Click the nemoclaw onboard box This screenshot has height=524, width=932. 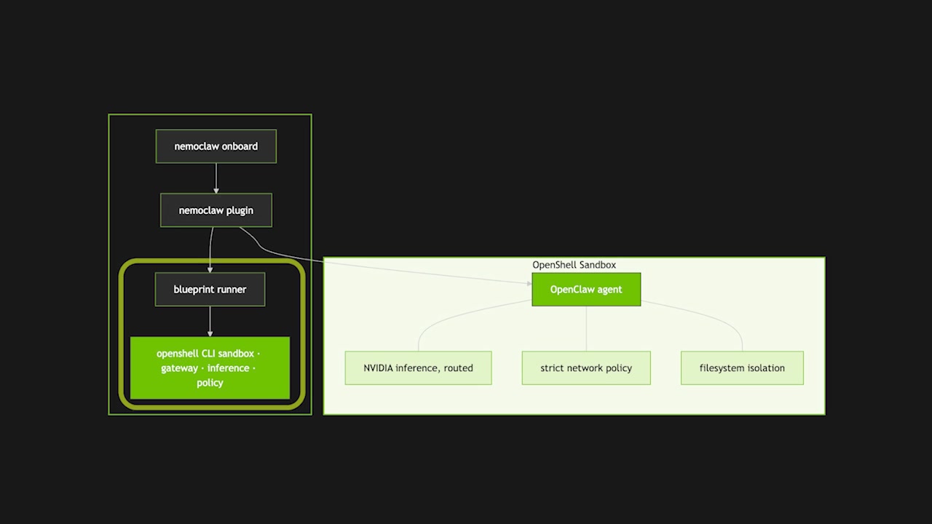216,146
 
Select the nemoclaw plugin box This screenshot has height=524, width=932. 216,210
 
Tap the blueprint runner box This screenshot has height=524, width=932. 210,290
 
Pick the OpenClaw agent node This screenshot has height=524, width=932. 586,290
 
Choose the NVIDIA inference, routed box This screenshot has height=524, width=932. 418,368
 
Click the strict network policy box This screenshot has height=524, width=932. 586,368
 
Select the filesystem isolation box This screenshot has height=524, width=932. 742,368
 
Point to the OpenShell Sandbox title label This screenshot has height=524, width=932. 574,265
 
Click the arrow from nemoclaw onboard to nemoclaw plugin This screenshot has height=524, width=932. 216,178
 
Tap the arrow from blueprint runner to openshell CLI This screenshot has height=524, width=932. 210,321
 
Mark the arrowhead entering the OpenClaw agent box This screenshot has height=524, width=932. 529,283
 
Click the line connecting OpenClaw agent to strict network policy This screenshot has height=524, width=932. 586,328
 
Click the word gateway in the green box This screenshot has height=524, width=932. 179,368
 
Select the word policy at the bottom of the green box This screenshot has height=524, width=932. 210,383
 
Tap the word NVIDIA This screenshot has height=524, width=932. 379,368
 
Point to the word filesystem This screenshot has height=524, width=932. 723,368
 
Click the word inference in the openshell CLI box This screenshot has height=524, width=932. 228,368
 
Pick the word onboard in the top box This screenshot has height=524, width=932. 238,146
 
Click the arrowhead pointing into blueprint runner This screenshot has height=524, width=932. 210,269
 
